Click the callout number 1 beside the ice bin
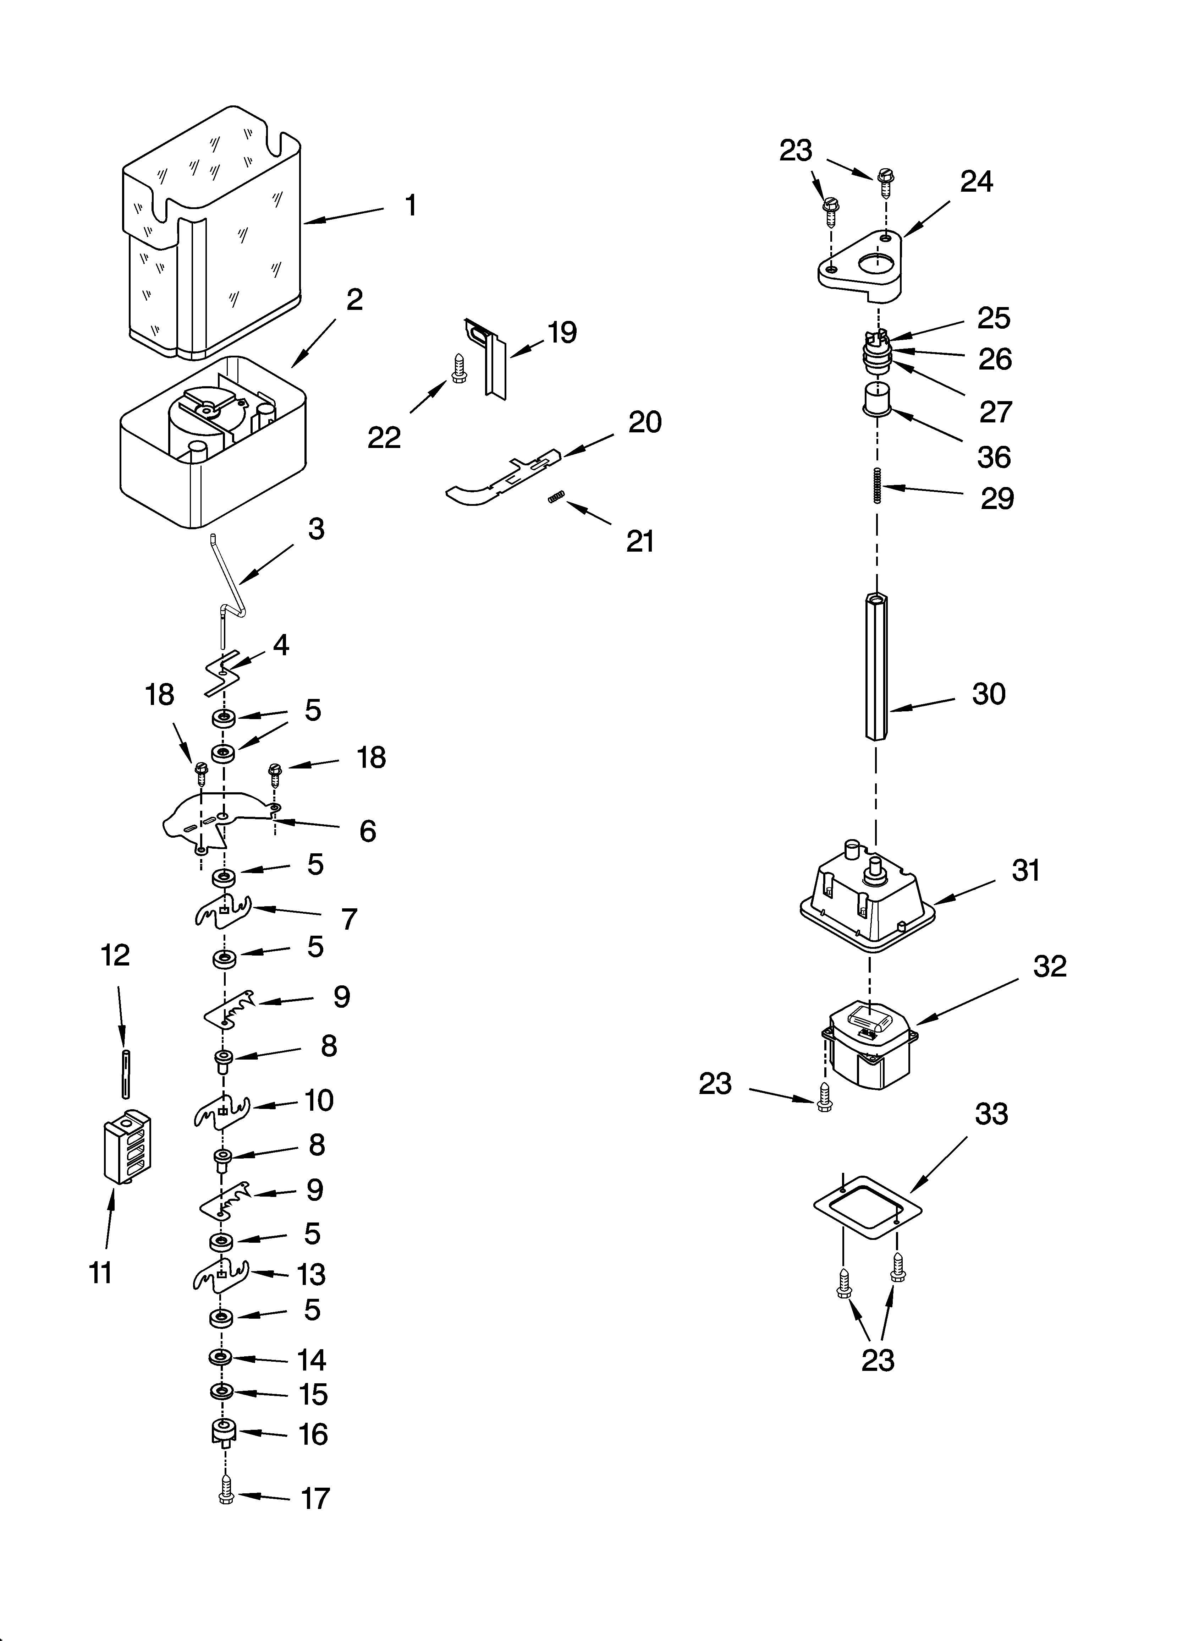(410, 206)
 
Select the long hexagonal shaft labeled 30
(876, 666)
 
